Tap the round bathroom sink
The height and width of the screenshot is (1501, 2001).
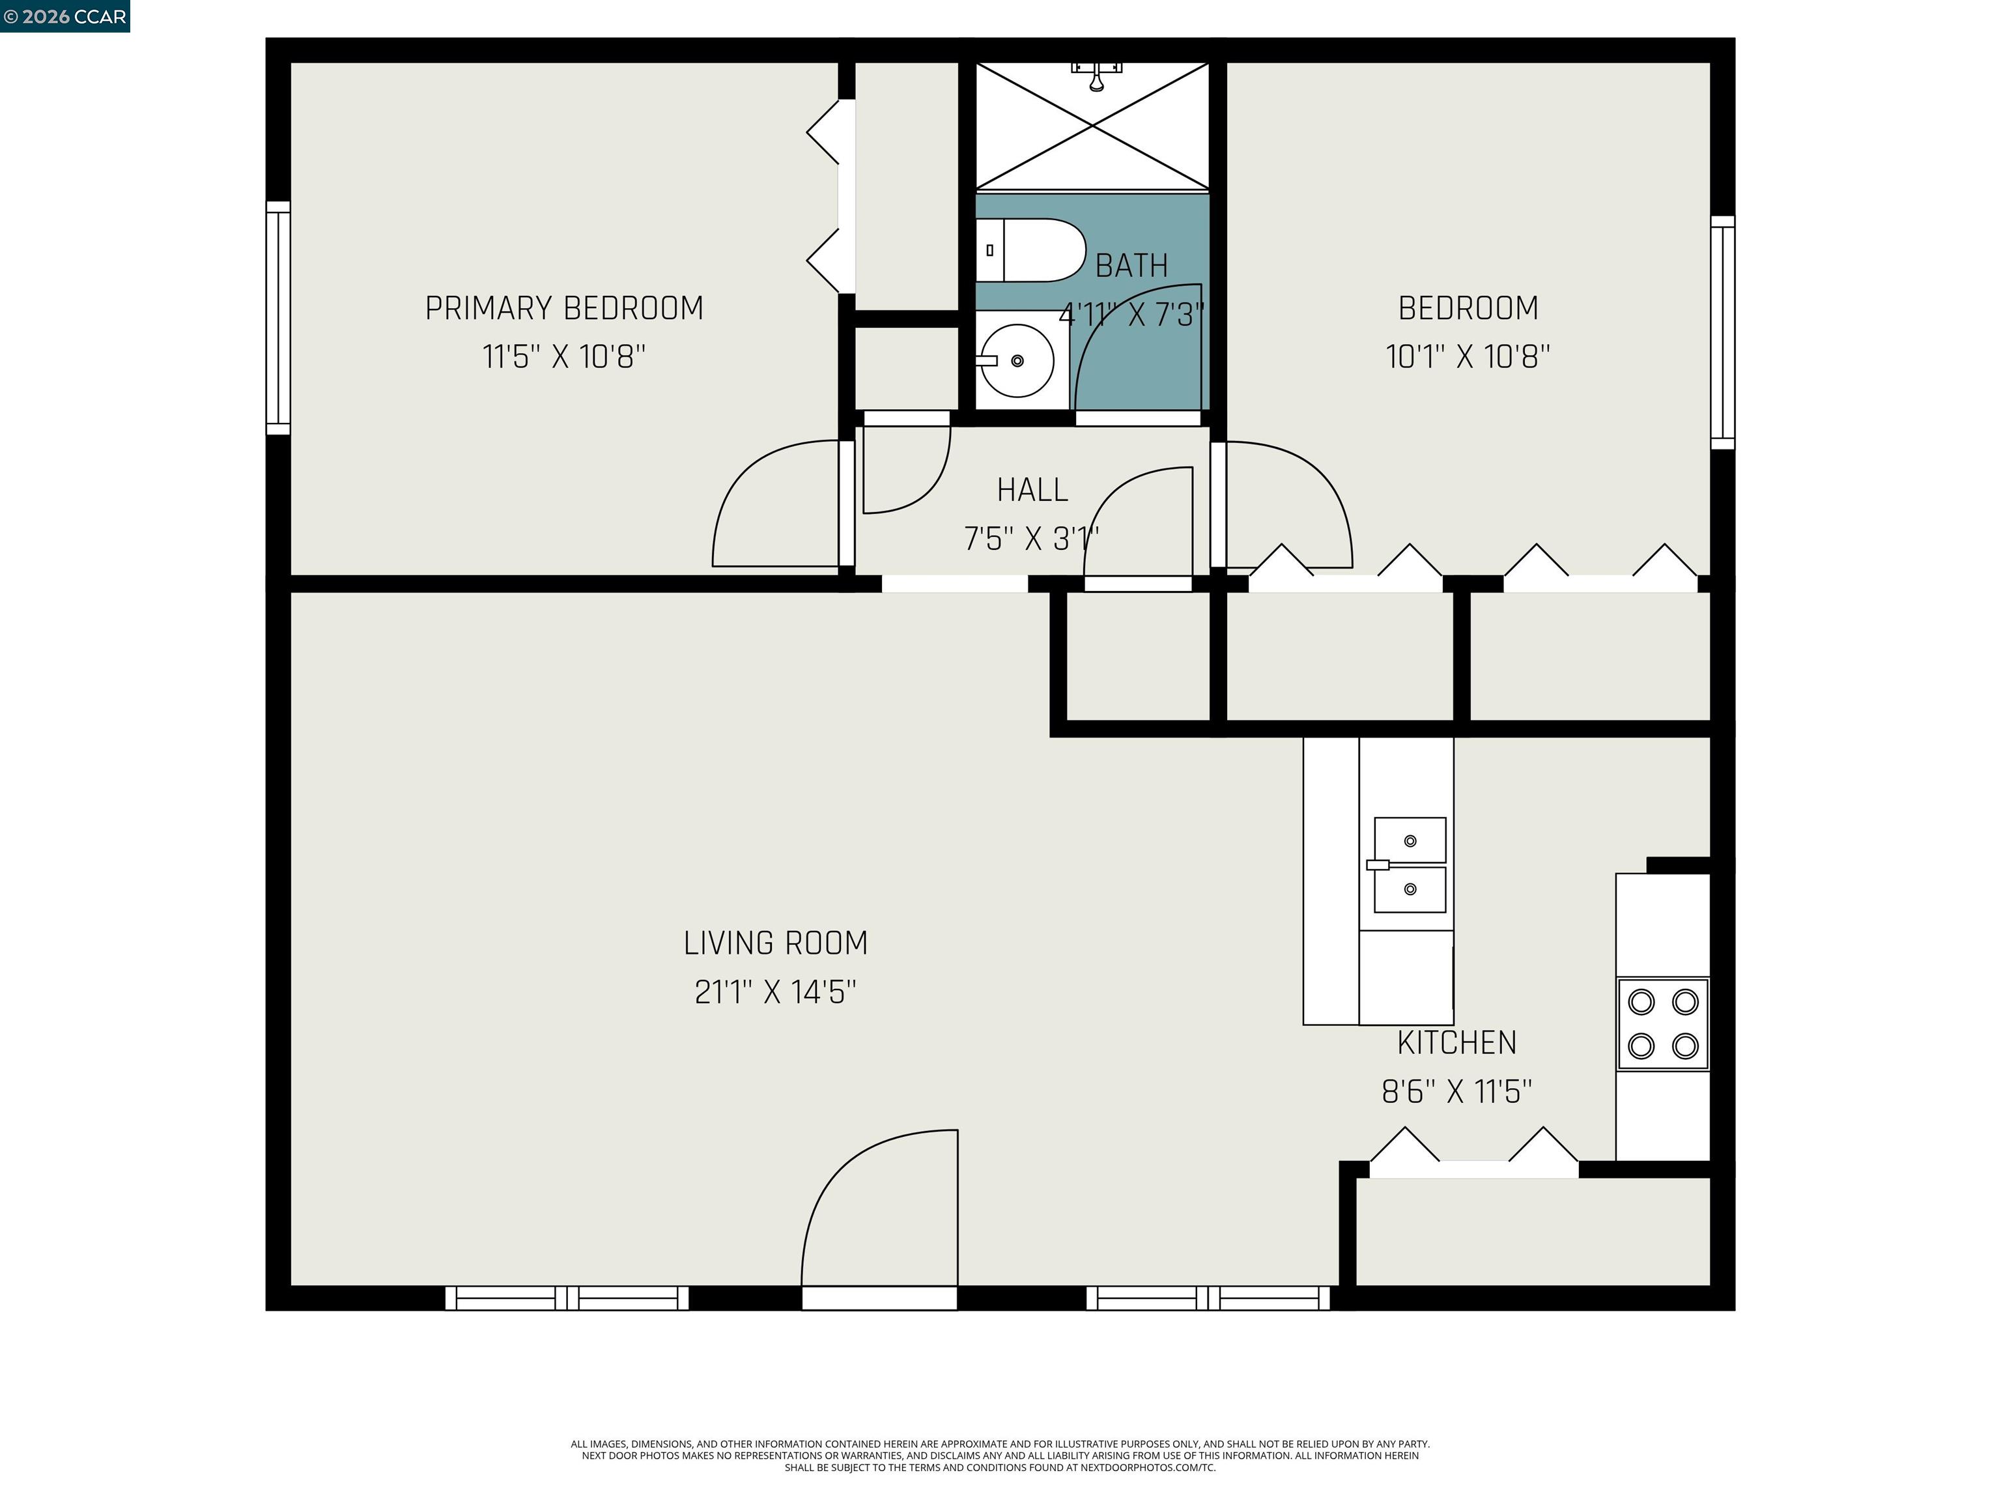tap(1017, 361)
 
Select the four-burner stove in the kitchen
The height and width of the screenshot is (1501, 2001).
tap(1663, 1024)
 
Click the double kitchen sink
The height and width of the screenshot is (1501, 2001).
tap(1408, 865)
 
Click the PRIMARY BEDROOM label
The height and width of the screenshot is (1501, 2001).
tap(565, 309)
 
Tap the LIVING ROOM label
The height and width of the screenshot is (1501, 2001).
tap(775, 944)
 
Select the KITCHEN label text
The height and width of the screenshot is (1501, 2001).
tap(1456, 1043)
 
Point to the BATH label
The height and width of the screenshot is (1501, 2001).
tap(1131, 266)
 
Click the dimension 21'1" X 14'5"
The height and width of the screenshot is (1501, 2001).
tap(775, 993)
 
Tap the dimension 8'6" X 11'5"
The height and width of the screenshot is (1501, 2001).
tap(1456, 1092)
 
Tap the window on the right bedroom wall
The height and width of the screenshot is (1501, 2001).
tap(1722, 332)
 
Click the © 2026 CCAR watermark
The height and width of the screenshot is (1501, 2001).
tap(64, 16)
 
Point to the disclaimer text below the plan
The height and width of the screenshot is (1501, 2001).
tap(1000, 1456)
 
